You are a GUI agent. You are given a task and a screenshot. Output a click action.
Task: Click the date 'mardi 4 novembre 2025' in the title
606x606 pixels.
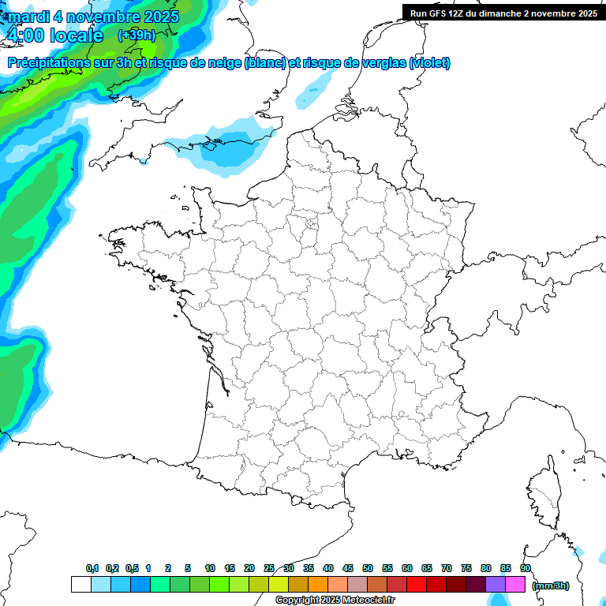[x=93, y=17]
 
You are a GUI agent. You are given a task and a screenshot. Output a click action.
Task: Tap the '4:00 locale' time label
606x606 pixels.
[x=54, y=36]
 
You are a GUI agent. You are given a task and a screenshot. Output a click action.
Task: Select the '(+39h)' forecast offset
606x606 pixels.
[x=137, y=36]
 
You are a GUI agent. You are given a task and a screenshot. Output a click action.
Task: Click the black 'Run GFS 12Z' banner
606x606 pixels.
[x=503, y=13]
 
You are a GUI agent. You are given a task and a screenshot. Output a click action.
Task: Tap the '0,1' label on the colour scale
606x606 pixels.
[x=92, y=568]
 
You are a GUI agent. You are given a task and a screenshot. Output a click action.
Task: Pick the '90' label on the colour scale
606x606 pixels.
[x=526, y=568]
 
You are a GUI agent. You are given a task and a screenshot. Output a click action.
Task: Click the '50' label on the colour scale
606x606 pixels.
[x=368, y=568]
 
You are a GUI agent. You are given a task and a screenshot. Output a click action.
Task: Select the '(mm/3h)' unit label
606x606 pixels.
[x=550, y=585]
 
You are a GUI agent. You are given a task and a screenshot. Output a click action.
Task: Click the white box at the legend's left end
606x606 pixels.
[x=80, y=584]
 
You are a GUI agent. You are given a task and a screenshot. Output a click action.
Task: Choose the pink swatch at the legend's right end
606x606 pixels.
[x=515, y=584]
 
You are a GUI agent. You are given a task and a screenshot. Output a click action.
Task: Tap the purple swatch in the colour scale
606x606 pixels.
[x=496, y=584]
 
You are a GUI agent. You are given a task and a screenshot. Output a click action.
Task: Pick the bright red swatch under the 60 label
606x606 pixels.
[x=417, y=584]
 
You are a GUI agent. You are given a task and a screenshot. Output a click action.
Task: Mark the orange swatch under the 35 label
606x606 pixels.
[x=318, y=584]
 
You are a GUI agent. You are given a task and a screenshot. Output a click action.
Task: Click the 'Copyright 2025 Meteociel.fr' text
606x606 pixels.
[x=335, y=600]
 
